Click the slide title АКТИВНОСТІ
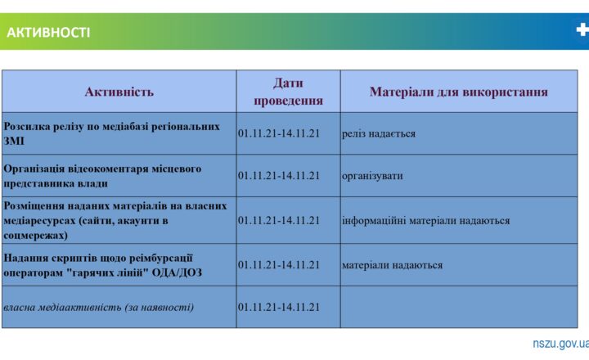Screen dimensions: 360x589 click(x=48, y=33)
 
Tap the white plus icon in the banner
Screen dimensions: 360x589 click(x=582, y=30)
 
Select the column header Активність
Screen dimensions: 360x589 click(x=119, y=92)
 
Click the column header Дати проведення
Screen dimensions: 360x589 click(x=288, y=92)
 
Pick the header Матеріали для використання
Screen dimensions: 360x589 click(x=458, y=92)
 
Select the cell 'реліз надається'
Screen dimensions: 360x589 click(x=379, y=133)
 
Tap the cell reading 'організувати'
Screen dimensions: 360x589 click(x=372, y=175)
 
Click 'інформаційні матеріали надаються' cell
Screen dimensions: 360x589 click(x=425, y=220)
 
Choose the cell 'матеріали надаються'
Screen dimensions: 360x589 click(x=393, y=264)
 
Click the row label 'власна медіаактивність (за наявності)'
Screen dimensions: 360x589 click(x=99, y=307)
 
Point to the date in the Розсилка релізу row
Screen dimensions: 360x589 click(x=278, y=133)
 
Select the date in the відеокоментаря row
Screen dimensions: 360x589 click(x=278, y=175)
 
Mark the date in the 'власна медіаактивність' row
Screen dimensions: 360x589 click(x=278, y=307)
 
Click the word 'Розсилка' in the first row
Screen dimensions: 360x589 click(x=28, y=127)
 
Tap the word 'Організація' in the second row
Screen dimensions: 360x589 click(x=37, y=169)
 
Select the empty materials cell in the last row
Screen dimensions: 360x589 click(x=458, y=307)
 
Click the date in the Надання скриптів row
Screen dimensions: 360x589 click(x=278, y=264)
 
